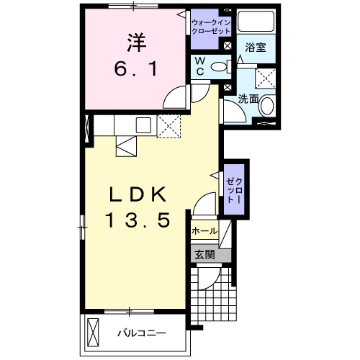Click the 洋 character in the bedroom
click(135, 44)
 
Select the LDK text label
click(138, 194)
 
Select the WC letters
click(200, 67)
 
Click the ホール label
click(204, 232)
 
